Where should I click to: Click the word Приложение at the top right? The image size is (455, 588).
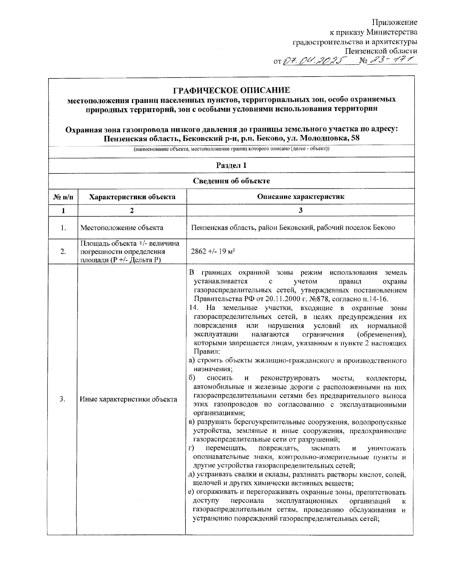pos(394,22)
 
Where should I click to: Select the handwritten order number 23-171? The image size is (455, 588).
pos(391,60)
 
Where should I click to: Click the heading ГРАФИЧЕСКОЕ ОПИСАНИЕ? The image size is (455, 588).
pos(231,90)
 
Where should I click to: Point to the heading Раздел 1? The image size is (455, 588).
pos(231,165)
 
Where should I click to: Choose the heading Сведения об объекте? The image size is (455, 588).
pos(231,181)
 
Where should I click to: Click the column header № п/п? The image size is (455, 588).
pos(63,197)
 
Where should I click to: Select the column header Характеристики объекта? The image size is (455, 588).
pos(132,197)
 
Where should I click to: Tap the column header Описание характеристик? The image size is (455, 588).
pos(300,197)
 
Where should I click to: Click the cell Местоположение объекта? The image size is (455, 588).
pos(122,228)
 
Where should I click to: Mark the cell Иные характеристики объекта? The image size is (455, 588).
pos(129,399)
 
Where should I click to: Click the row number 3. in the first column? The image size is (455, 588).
pos(63,399)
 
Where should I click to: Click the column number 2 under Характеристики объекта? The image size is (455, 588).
pos(132,211)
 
